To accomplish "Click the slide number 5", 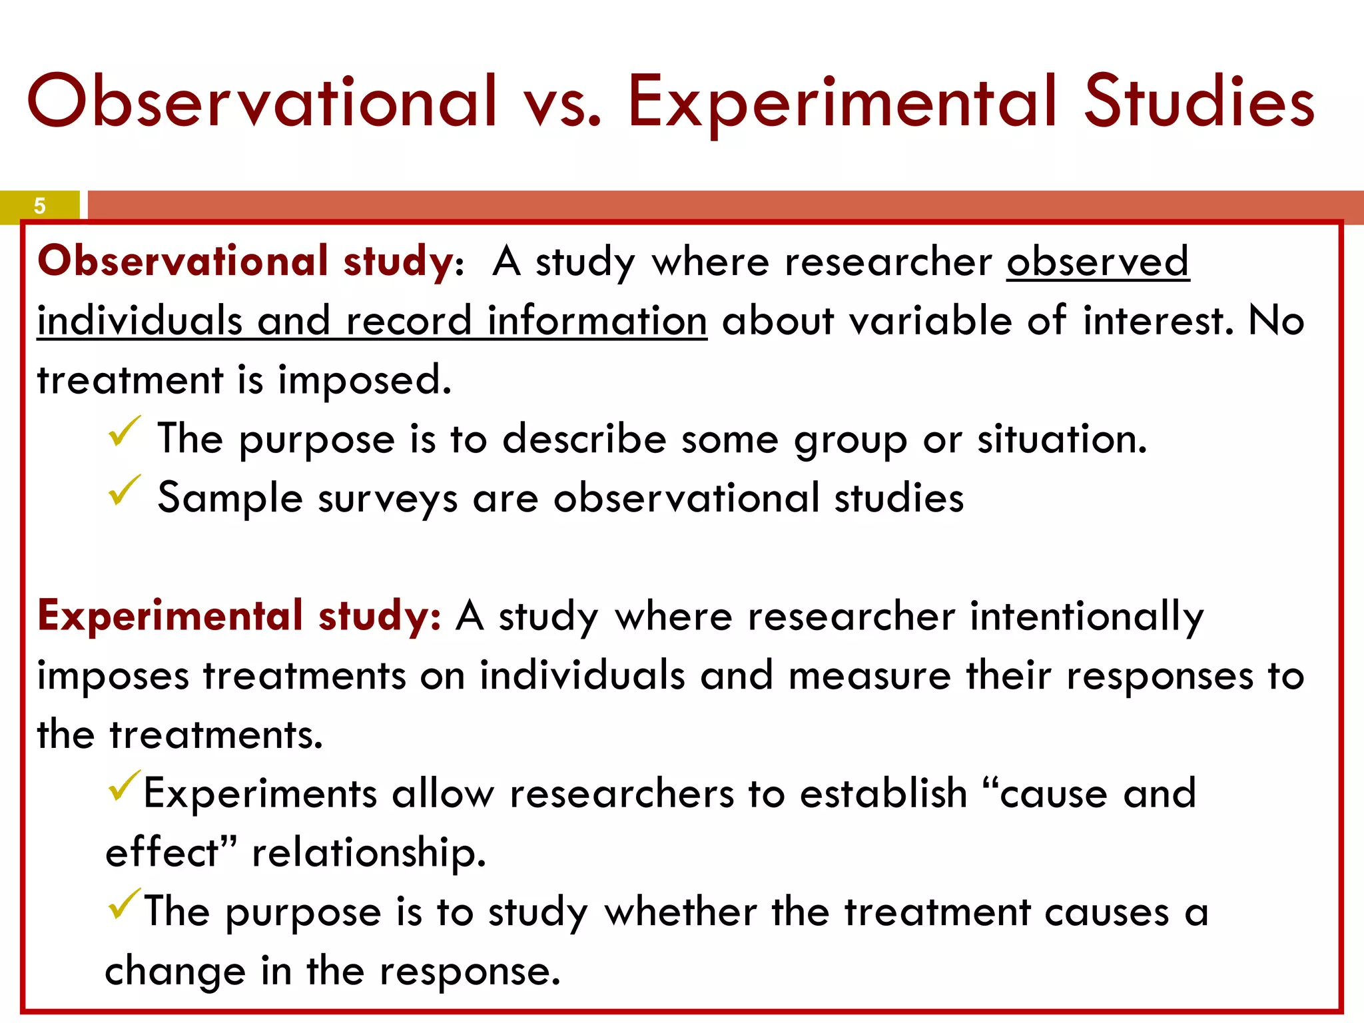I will [x=39, y=206].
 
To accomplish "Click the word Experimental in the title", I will [x=842, y=101].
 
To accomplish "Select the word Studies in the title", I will [x=1199, y=101].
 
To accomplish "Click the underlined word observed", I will [x=1097, y=261].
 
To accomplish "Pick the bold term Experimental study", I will [x=238, y=616].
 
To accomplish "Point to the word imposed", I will [x=364, y=381].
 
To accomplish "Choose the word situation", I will [x=1062, y=440].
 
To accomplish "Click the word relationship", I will [x=369, y=854].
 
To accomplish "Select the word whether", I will [x=680, y=912].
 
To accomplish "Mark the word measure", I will [x=869, y=676].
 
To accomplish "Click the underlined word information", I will [x=597, y=321].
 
